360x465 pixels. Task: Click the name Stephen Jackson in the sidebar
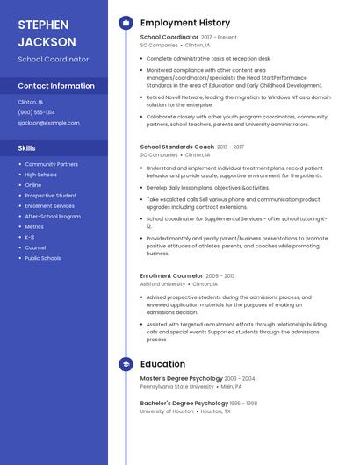click(47, 32)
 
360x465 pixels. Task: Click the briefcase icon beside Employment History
click(126, 23)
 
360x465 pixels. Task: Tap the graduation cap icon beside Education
click(126, 364)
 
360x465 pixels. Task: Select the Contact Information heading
click(56, 86)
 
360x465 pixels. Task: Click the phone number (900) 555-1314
click(36, 112)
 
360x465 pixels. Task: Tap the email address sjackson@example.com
click(48, 123)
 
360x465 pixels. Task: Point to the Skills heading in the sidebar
click(27, 148)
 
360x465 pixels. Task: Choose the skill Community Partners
click(51, 164)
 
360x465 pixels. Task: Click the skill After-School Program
click(53, 216)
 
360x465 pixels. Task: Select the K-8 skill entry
click(30, 237)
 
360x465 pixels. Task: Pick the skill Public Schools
click(43, 258)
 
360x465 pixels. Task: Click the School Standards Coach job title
click(176, 147)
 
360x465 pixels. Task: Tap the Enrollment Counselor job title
click(171, 275)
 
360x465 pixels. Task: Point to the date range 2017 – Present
click(219, 38)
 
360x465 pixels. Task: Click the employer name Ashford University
click(162, 284)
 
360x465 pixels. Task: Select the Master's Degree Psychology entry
click(181, 378)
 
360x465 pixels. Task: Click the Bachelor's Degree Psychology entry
click(184, 403)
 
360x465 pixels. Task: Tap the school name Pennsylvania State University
click(176, 386)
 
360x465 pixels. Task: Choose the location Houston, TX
click(215, 411)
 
